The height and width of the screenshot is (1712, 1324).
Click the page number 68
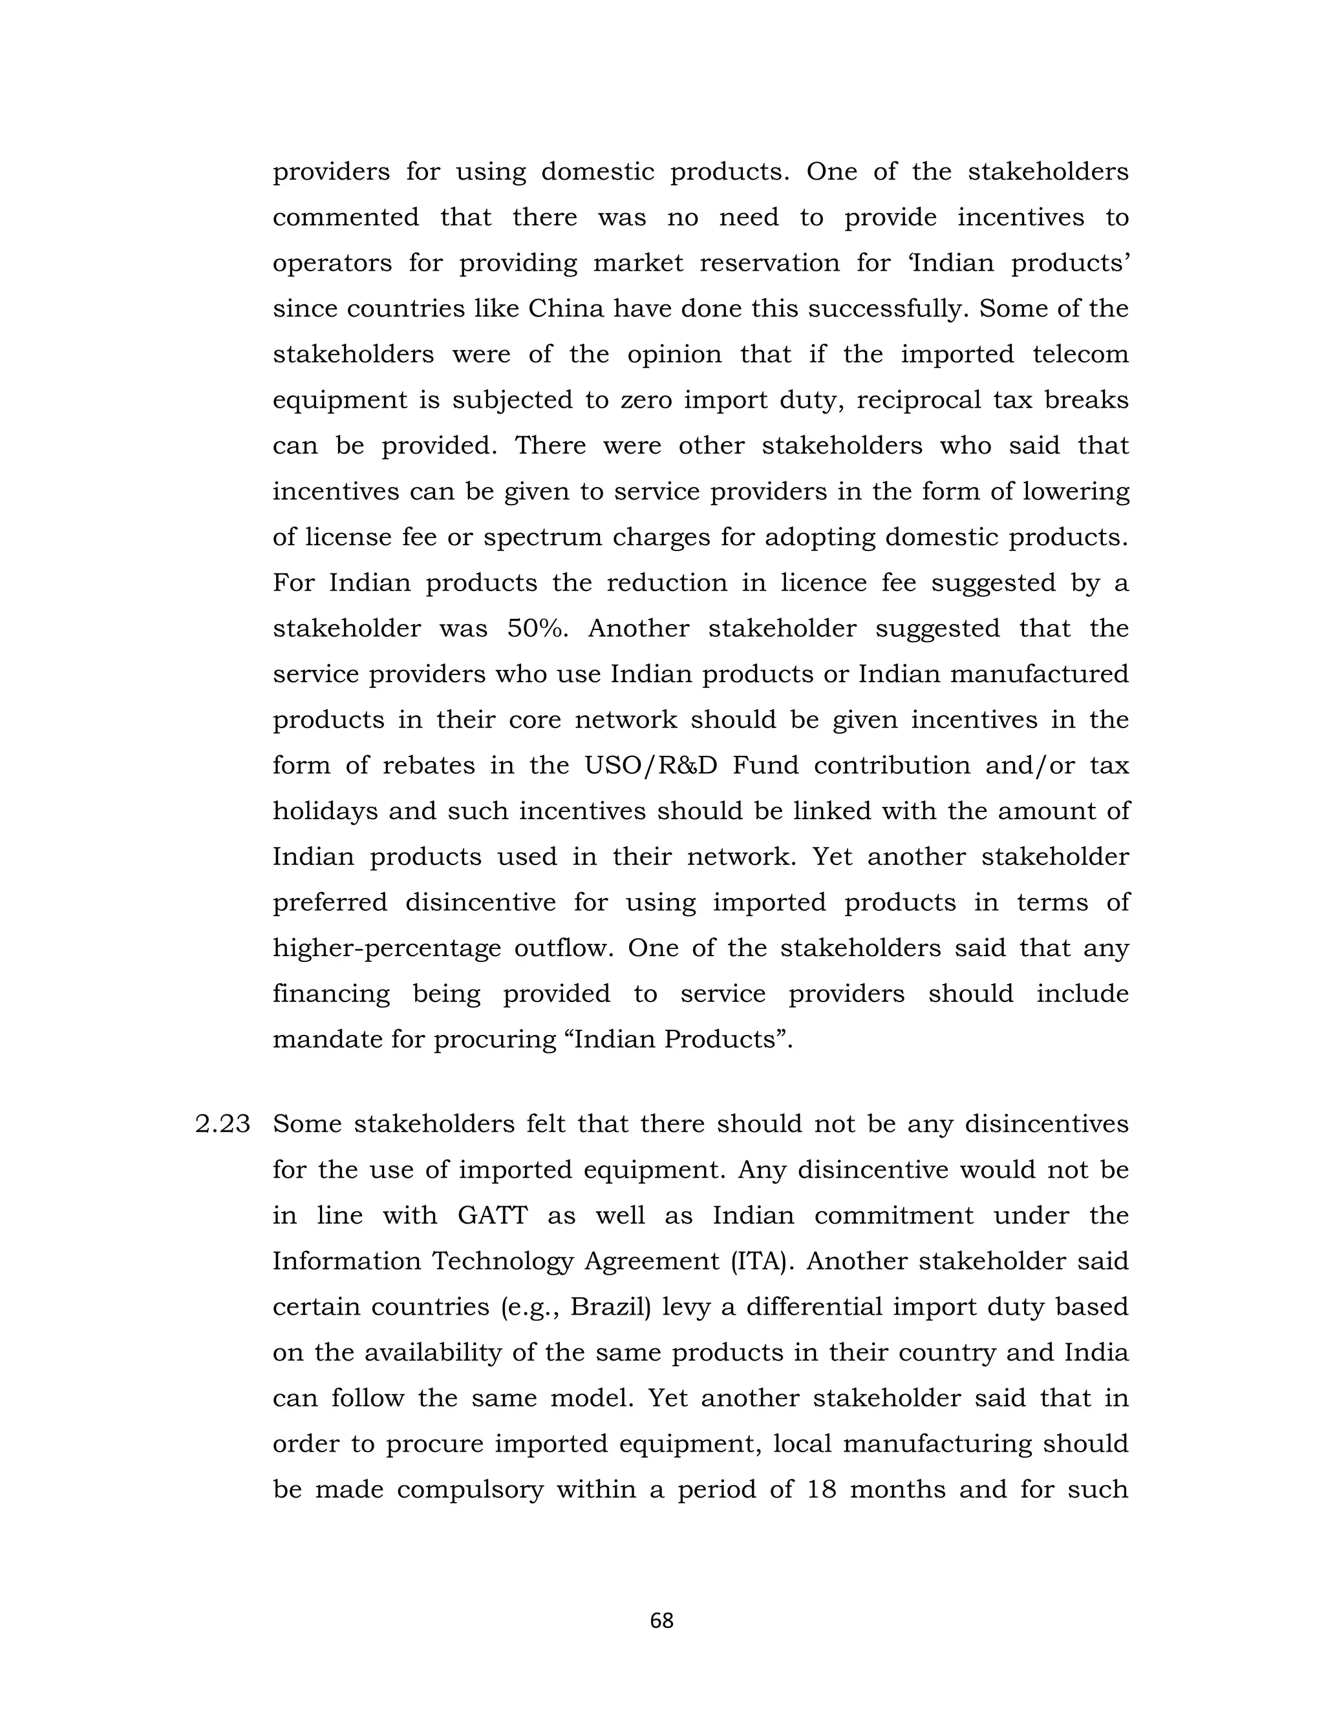pyautogui.click(x=661, y=1620)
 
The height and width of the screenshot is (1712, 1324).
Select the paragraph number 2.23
pyautogui.click(x=223, y=1124)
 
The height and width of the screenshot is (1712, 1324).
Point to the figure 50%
pyautogui.click(x=537, y=629)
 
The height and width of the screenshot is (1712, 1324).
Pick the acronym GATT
pyautogui.click(x=493, y=1216)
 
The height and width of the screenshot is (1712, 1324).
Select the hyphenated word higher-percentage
pyautogui.click(x=387, y=948)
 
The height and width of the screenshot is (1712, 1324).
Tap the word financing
pyautogui.click(x=331, y=994)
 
